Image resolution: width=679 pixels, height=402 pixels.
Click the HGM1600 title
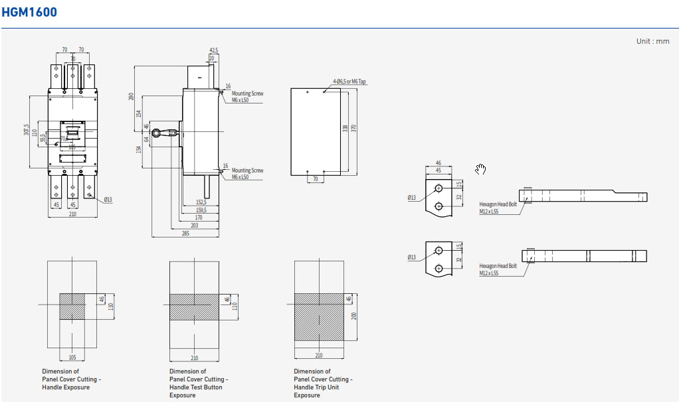pos(29,12)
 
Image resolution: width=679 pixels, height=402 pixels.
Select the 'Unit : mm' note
pos(652,41)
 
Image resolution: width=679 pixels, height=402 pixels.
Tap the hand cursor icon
pos(480,170)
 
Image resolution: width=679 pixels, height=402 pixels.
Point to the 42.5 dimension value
pos(213,50)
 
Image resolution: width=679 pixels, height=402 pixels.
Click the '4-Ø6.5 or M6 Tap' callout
pos(349,82)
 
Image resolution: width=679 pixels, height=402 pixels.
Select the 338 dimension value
pos(345,127)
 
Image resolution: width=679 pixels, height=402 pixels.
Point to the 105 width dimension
pos(72,357)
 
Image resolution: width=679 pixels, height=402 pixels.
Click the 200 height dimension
pos(354,316)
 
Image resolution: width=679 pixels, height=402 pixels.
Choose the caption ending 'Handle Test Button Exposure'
pos(196,383)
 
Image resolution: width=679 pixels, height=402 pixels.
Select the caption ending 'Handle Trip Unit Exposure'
pos(323,383)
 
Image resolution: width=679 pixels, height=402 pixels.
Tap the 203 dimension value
pos(194,226)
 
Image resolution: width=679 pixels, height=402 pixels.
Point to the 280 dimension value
pos(132,98)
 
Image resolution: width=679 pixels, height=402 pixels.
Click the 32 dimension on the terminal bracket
pos(459,197)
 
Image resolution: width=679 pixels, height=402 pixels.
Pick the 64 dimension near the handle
pos(147,140)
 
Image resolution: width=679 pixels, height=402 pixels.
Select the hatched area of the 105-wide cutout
pos(72,306)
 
